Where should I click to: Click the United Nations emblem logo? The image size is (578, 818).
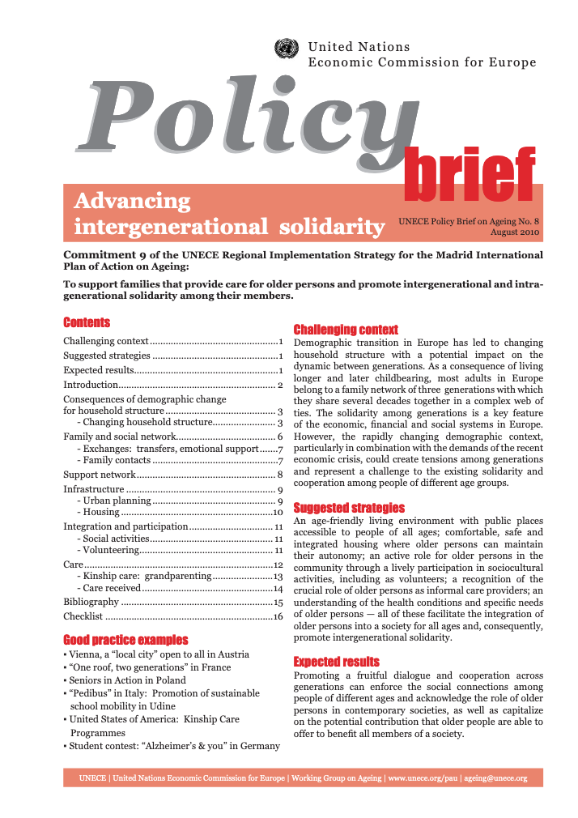click(287, 50)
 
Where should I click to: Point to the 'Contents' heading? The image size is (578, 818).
click(87, 322)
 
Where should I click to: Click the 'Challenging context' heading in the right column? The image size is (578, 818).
click(345, 330)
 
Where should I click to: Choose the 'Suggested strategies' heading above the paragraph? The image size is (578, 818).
click(348, 508)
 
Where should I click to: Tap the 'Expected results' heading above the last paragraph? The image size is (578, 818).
click(336, 662)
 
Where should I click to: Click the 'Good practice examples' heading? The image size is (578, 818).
click(125, 640)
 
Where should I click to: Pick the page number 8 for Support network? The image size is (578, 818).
click(279, 474)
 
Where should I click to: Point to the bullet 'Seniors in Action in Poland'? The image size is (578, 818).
click(127, 680)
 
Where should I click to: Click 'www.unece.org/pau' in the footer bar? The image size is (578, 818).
click(422, 778)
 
